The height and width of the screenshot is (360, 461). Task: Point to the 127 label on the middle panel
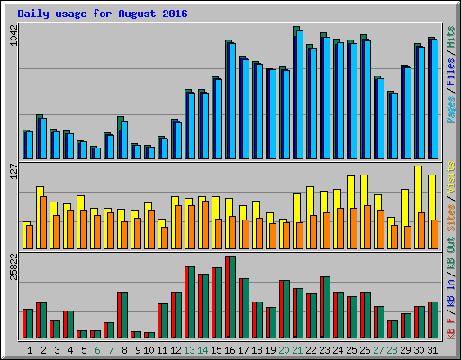tap(14, 172)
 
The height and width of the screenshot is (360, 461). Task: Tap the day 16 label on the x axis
tap(230, 349)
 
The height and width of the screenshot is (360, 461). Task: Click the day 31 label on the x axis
tap(432, 349)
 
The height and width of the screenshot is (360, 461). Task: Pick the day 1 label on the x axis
tap(31, 349)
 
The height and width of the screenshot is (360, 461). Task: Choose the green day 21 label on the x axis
tap(297, 349)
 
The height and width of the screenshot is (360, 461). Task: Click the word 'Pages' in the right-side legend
tap(450, 109)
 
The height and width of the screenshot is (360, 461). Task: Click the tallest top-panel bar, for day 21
tap(296, 90)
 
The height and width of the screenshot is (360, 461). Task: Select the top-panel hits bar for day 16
tap(229, 99)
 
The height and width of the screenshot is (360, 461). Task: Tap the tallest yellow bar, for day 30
tap(418, 207)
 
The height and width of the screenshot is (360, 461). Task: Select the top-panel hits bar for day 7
tap(107, 146)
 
